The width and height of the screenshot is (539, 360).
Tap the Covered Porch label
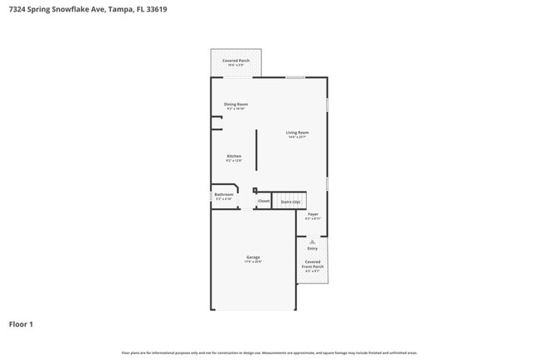coord(236,61)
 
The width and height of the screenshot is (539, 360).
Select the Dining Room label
coord(236,104)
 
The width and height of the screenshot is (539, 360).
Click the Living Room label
coord(297,133)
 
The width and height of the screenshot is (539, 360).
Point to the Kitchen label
coord(234,156)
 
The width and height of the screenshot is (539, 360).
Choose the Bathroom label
coord(224,194)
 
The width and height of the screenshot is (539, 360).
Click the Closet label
coord(264,201)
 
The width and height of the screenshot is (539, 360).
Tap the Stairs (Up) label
coord(290,202)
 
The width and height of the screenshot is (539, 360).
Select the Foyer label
coord(313,214)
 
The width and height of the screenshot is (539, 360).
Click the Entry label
coord(313,248)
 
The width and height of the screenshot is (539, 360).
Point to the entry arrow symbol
coord(313,241)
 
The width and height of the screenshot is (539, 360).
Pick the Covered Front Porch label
coord(313,264)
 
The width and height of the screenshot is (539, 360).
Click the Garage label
coord(253,257)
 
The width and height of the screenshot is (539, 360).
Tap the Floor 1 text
coord(21,324)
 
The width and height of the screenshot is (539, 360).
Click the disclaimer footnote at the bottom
coord(269,353)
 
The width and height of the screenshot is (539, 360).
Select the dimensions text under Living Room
coord(297,138)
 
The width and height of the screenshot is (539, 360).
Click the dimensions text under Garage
coord(253,262)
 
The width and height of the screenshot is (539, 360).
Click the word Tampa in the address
coord(121,9)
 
